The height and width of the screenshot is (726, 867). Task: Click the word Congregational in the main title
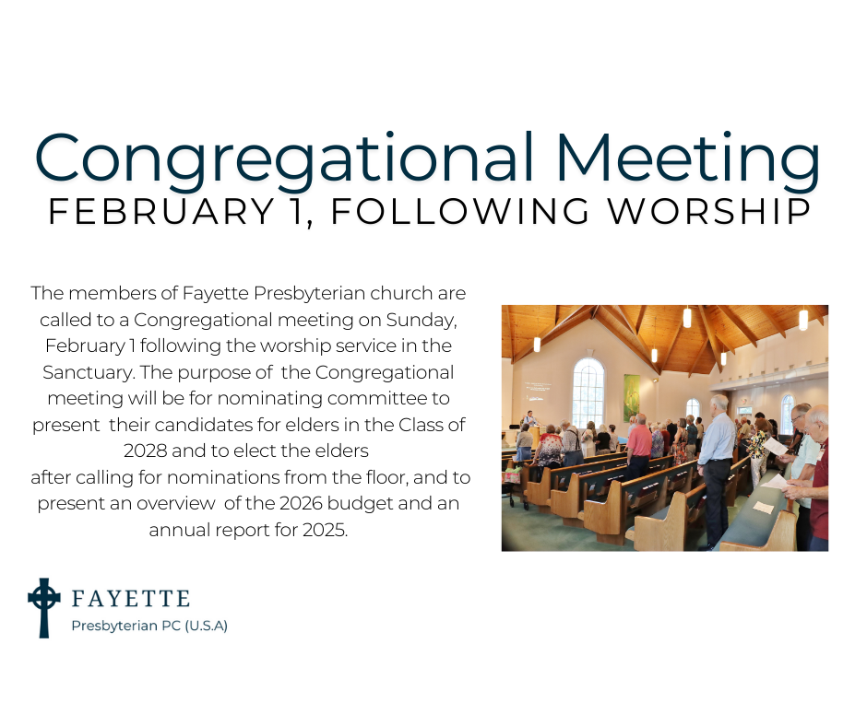tap(284, 158)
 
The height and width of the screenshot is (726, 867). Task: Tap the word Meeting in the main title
tap(688, 158)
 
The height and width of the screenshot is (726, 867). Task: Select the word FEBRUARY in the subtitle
tap(161, 211)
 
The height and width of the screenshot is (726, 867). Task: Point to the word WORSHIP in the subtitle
tap(709, 211)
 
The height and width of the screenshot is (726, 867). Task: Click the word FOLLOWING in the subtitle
tap(460, 211)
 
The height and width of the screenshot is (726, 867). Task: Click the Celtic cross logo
tap(43, 608)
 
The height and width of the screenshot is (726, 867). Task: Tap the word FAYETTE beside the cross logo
tap(131, 598)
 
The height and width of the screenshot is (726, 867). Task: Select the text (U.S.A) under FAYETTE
tap(206, 626)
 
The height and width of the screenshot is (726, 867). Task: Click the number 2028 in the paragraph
tap(146, 451)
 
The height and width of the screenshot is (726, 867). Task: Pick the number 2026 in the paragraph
tap(301, 503)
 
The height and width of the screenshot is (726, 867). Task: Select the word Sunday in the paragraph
tap(422, 320)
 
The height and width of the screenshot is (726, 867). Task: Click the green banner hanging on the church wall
tap(632, 398)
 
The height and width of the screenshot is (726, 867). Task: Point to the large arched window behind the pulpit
tap(588, 392)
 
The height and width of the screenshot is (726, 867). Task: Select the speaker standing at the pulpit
tap(529, 420)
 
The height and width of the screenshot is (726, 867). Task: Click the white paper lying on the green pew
tap(764, 508)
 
